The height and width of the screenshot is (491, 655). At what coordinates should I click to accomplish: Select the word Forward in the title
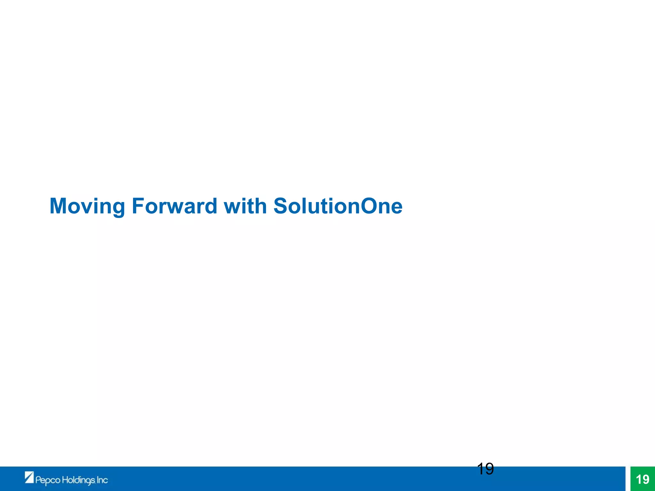[x=174, y=206]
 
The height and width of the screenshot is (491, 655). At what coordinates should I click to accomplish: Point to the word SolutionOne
[x=338, y=206]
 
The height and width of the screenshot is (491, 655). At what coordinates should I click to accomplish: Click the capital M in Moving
[x=59, y=206]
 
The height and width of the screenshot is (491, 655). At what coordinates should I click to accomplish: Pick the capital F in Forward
[x=138, y=206]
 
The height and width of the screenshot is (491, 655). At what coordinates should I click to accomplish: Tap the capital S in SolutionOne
[x=281, y=206]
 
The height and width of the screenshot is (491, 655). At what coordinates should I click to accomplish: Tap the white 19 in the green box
[x=643, y=479]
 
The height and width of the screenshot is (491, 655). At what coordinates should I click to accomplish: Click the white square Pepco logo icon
[x=29, y=477]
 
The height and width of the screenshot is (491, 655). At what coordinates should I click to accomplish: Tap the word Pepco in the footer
[x=48, y=480]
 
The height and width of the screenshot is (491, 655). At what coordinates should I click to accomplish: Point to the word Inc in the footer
[x=102, y=480]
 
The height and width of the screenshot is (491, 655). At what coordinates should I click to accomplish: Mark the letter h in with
[x=260, y=206]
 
